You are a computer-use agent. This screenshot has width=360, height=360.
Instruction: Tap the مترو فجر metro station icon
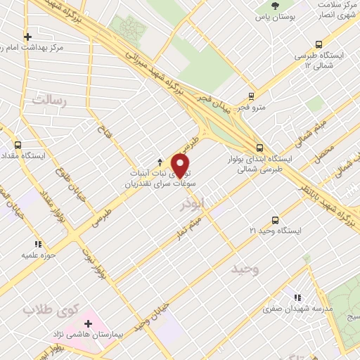pyautogui.click(x=251, y=96)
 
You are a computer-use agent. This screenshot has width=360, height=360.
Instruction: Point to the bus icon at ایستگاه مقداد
pyautogui.click(x=18, y=144)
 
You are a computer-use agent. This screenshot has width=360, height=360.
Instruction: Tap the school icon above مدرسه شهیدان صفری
pyautogui.click(x=300, y=297)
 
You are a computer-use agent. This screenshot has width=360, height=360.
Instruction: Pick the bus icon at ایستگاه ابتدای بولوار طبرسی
pyautogui.click(x=260, y=148)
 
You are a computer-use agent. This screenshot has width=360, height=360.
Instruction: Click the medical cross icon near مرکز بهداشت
pyautogui.click(x=27, y=37)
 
